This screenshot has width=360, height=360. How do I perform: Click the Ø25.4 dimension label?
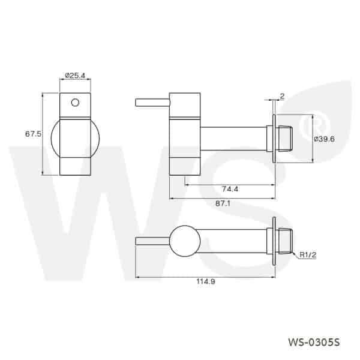click(75, 76)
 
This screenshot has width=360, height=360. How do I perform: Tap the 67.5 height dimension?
click(33, 134)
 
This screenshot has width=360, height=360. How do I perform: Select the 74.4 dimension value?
click(229, 189)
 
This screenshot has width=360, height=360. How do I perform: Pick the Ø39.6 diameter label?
click(325, 139)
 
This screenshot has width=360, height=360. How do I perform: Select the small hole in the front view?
click(75, 102)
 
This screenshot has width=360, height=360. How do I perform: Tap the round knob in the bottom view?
click(185, 242)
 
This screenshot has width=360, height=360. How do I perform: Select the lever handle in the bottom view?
click(153, 242)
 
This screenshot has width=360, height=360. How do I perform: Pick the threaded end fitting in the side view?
click(286, 138)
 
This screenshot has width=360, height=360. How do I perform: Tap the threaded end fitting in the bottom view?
click(286, 242)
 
